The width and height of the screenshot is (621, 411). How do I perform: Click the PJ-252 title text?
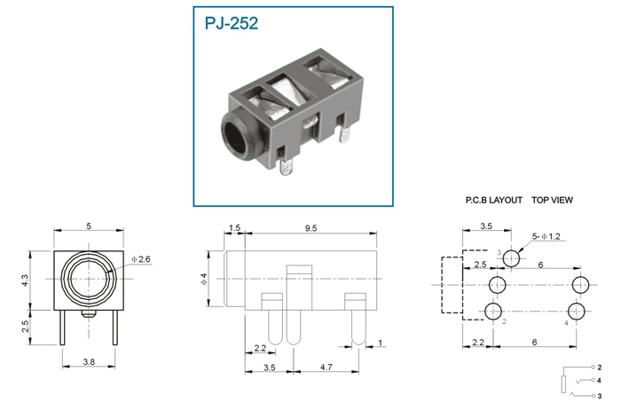pyautogui.click(x=232, y=23)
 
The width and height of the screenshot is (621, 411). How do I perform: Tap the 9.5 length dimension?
pyautogui.click(x=310, y=228)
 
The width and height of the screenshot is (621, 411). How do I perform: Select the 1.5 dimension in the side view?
pyautogui.click(x=234, y=227)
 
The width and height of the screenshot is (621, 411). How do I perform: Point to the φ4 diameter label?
pyautogui.click(x=204, y=279)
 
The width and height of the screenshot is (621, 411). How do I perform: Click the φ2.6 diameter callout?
pyautogui.click(x=141, y=259)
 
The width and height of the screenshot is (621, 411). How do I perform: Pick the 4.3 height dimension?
pyautogui.click(x=25, y=281)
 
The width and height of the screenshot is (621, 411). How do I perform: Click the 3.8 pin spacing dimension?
pyautogui.click(x=89, y=361)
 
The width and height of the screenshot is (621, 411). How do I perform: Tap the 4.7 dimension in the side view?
pyautogui.click(x=326, y=368)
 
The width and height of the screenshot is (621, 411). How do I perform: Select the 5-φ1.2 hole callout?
pyautogui.click(x=546, y=237)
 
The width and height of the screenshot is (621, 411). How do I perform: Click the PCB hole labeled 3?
pyautogui.click(x=511, y=259)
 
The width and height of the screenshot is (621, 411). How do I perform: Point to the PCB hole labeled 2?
pyautogui.click(x=493, y=312)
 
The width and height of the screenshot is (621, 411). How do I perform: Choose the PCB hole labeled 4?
pyautogui.click(x=577, y=312)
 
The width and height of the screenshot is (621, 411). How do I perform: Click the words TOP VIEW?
pyautogui.click(x=552, y=200)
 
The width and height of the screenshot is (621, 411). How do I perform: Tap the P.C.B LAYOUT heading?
pyautogui.click(x=494, y=200)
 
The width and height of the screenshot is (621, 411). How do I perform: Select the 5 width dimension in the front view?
pyautogui.click(x=89, y=225)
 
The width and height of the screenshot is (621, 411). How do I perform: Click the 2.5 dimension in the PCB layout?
pyautogui.click(x=481, y=265)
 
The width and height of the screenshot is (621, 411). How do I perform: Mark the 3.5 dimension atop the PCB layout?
pyautogui.click(x=486, y=225)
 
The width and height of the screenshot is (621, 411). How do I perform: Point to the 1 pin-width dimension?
pyautogui.click(x=381, y=343)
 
